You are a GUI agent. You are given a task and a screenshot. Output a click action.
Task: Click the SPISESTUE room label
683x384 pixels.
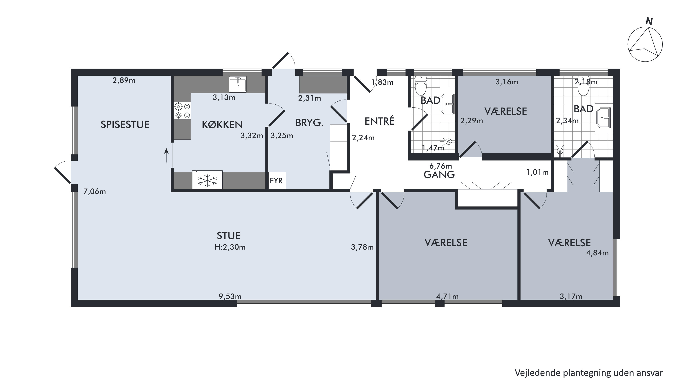(x=125, y=125)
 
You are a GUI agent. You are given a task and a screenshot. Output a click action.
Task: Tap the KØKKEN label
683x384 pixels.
(x=222, y=125)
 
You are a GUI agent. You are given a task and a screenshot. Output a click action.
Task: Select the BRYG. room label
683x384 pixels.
(x=309, y=123)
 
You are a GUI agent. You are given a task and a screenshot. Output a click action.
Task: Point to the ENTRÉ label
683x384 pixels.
(x=379, y=121)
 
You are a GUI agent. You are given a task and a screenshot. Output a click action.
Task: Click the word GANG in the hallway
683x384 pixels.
(x=439, y=175)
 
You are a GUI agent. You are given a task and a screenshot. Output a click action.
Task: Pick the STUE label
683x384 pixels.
(x=229, y=235)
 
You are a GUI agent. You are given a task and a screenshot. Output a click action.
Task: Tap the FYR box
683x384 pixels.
(x=276, y=180)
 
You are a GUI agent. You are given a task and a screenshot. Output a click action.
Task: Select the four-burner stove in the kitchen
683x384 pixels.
(x=182, y=111)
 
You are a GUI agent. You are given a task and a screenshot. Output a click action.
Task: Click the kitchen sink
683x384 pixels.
(x=238, y=84)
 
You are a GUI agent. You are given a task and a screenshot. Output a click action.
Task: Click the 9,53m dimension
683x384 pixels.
(x=230, y=296)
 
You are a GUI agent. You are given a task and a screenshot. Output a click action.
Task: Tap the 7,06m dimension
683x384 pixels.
(x=95, y=191)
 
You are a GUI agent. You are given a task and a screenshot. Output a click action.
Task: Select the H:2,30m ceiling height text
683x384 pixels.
(x=230, y=247)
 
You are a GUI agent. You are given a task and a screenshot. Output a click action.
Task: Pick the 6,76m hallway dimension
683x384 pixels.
(x=441, y=166)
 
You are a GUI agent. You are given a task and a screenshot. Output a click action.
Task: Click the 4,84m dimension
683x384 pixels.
(x=597, y=253)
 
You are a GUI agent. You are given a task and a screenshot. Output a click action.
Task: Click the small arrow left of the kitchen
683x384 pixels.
(x=167, y=155)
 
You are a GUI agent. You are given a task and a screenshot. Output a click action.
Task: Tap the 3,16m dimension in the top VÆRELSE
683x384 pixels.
(x=507, y=82)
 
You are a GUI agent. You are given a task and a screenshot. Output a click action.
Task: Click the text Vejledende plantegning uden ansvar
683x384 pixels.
(x=589, y=373)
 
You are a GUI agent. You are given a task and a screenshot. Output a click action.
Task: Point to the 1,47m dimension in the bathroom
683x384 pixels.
(x=433, y=148)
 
